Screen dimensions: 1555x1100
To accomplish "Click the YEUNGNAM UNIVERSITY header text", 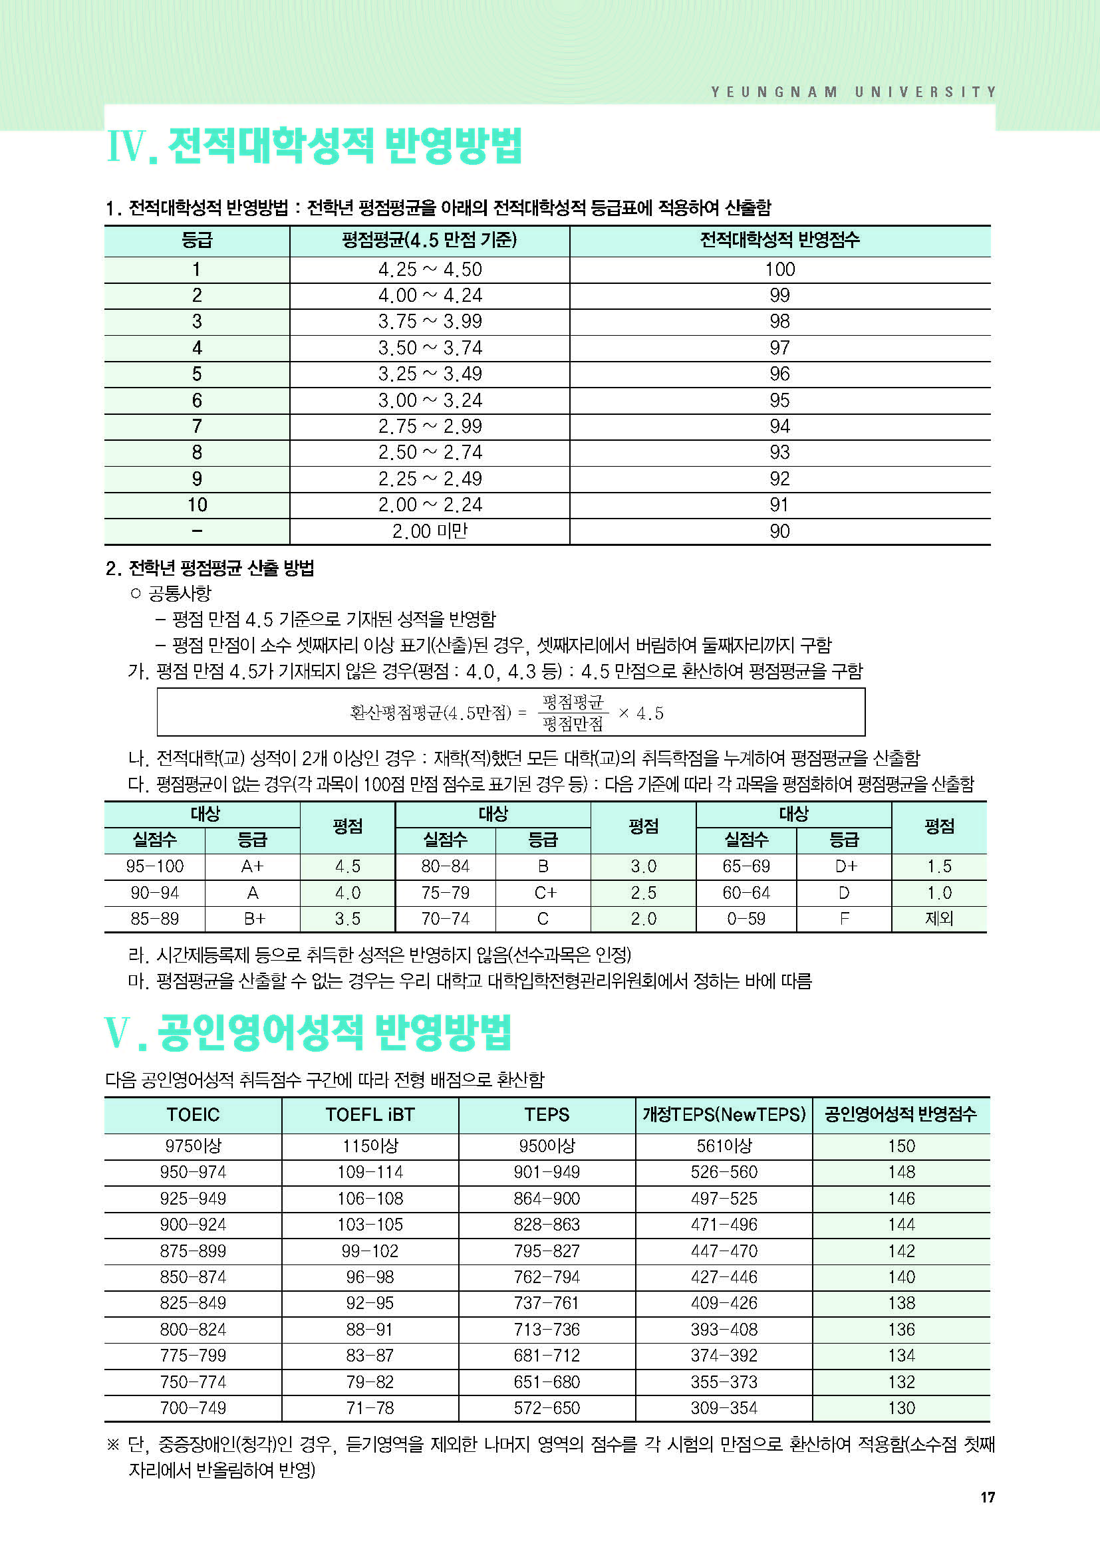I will click(853, 92).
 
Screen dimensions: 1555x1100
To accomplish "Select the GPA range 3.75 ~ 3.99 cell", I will click(430, 322).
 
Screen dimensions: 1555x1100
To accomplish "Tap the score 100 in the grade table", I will click(779, 269).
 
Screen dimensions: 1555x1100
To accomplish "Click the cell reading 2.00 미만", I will click(430, 531).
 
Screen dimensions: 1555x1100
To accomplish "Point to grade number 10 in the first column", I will click(197, 505).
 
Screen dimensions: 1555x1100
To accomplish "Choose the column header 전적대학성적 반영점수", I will click(779, 240).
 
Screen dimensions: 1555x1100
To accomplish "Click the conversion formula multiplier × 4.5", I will click(640, 713).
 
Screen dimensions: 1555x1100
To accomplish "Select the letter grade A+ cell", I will click(252, 866).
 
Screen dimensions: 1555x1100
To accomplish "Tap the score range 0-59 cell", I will click(746, 919).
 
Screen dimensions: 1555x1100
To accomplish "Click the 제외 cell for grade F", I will click(939, 919).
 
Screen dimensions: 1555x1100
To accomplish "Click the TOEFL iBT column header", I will click(370, 1115).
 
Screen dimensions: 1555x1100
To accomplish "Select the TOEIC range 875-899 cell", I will click(193, 1251).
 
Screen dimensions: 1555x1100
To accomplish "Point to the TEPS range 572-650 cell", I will click(547, 1408).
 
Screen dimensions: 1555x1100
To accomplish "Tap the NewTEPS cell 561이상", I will click(724, 1146).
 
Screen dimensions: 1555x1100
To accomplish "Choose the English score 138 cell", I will click(901, 1303).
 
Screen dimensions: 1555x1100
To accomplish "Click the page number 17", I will click(988, 1497).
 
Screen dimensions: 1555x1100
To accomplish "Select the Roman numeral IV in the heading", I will click(127, 146).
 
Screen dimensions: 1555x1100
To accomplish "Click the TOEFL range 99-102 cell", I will click(370, 1251).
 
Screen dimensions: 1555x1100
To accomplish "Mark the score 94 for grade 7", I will click(779, 427).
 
